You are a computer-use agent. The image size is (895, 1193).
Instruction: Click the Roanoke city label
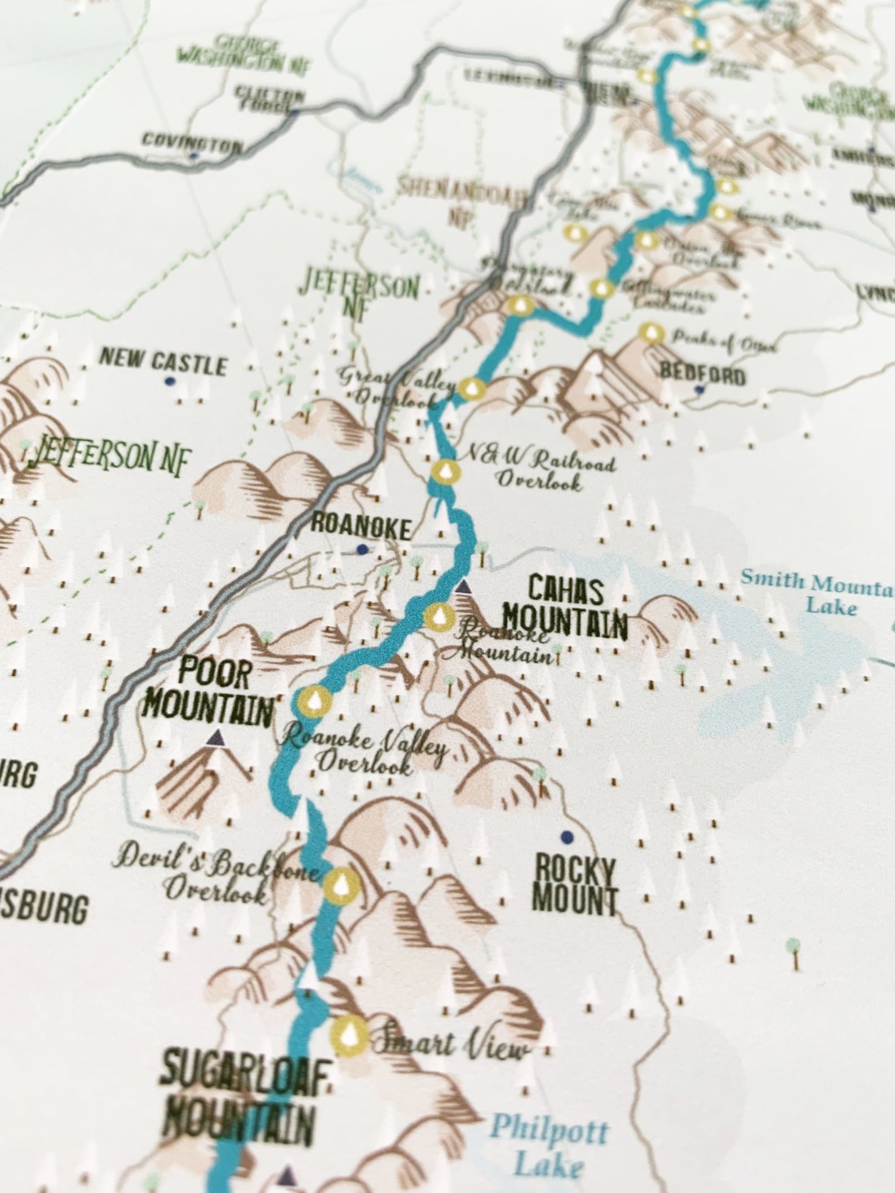[361, 527]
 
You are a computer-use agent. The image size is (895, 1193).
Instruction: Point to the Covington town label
[192, 142]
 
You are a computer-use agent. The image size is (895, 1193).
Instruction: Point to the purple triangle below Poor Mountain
[215, 737]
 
